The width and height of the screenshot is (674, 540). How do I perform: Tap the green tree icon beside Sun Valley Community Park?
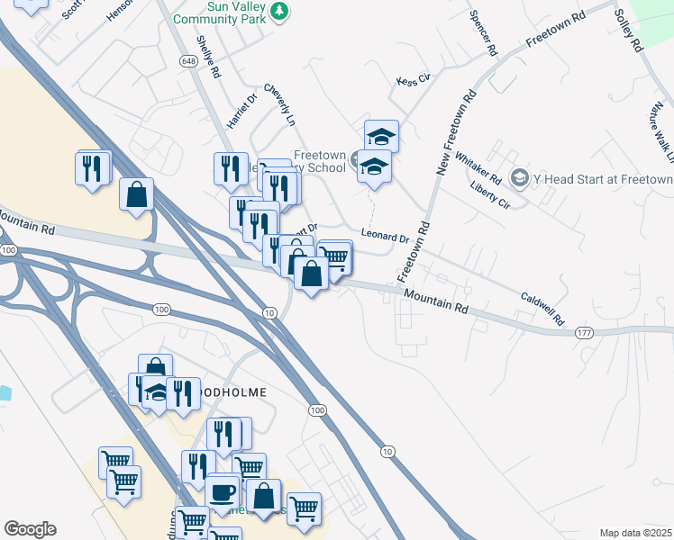coord(282,11)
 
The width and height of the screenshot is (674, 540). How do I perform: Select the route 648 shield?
coord(187,61)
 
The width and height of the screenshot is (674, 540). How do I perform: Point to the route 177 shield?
coord(585,333)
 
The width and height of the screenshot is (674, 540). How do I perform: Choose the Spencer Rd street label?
coord(483,34)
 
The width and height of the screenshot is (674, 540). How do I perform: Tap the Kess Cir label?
coord(414,81)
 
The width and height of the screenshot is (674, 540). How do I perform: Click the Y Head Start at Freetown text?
coord(602,179)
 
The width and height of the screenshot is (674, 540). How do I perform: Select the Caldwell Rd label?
coord(542,308)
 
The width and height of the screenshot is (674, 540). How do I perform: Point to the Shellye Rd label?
coord(209,57)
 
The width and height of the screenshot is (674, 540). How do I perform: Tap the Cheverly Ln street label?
coord(279,105)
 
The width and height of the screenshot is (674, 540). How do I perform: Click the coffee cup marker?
coord(223,492)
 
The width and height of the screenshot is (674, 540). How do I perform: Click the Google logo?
coord(30,529)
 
